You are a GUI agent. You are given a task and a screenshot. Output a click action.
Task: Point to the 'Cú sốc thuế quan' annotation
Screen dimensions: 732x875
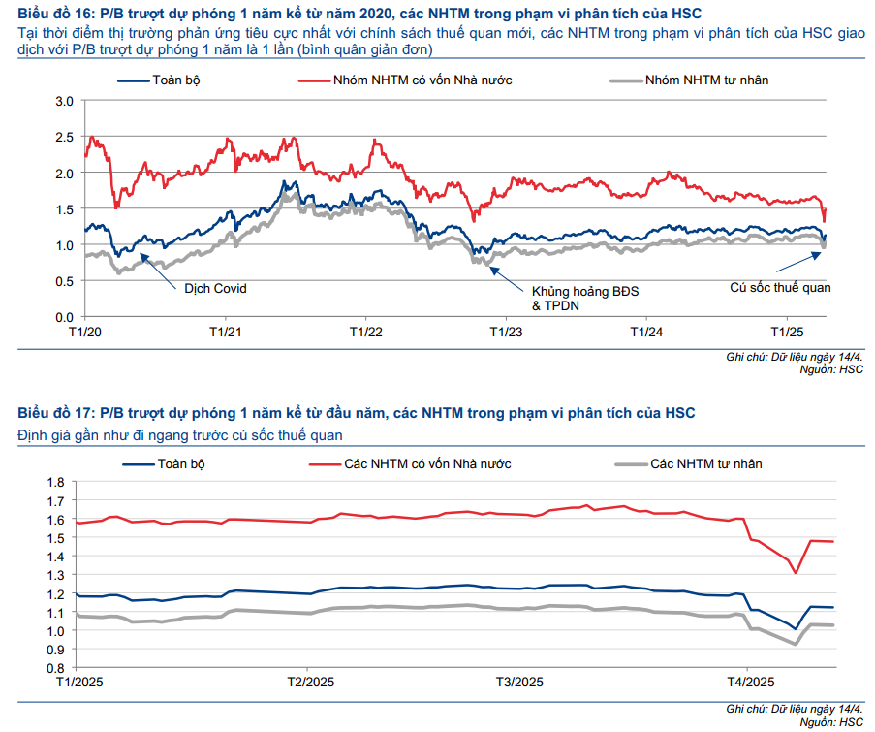click(x=780, y=288)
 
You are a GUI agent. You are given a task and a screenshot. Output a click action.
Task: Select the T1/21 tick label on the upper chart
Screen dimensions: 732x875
click(x=226, y=331)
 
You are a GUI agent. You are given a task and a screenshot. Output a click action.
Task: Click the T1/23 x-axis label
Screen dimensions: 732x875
click(x=506, y=331)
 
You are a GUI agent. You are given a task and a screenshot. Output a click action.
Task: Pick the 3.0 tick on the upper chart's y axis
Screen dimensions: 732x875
click(x=65, y=101)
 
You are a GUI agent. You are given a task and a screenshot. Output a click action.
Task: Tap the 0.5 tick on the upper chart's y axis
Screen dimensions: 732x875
click(x=65, y=281)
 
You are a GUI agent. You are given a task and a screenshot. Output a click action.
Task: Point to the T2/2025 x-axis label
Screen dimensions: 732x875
click(x=310, y=683)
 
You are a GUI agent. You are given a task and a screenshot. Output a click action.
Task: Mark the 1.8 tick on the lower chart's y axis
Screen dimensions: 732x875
click(x=54, y=482)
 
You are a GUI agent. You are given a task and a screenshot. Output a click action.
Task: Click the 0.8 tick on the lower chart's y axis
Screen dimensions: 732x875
click(x=54, y=668)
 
